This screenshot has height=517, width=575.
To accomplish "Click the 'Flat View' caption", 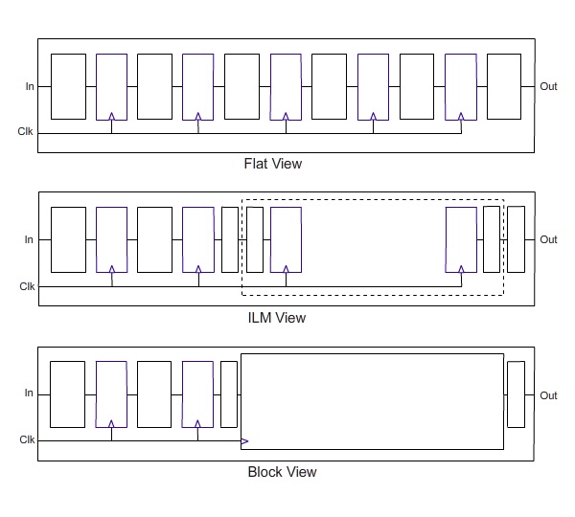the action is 273,164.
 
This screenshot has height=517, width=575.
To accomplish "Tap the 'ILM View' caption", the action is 277,318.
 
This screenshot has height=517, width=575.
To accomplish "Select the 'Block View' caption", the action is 282,472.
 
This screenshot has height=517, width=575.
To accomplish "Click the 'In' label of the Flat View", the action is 30,86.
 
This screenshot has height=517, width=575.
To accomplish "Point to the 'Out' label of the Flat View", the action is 548,86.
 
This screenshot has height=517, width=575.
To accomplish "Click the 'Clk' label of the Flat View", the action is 25,131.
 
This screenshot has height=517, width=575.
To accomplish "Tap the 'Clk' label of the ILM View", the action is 27,286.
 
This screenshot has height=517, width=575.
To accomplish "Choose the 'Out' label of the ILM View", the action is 548,239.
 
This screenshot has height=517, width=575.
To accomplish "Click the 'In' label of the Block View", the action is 29,393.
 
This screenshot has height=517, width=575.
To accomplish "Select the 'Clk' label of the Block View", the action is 27,439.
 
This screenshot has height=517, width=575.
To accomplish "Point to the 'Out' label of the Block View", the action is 548,395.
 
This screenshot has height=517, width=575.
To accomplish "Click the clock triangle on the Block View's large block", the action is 244,441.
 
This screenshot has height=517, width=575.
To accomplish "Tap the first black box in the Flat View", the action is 69,86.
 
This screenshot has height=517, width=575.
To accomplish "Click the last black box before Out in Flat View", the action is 504,86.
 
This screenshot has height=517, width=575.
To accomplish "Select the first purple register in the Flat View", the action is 111,87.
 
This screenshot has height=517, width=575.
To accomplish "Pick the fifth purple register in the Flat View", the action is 461,87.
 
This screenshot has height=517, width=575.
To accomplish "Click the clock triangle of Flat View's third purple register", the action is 286,117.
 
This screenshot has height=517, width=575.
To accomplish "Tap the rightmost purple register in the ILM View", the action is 461,239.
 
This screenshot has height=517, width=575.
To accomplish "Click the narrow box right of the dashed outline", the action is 516,239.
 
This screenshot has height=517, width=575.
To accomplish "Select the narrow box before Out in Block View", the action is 516,394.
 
